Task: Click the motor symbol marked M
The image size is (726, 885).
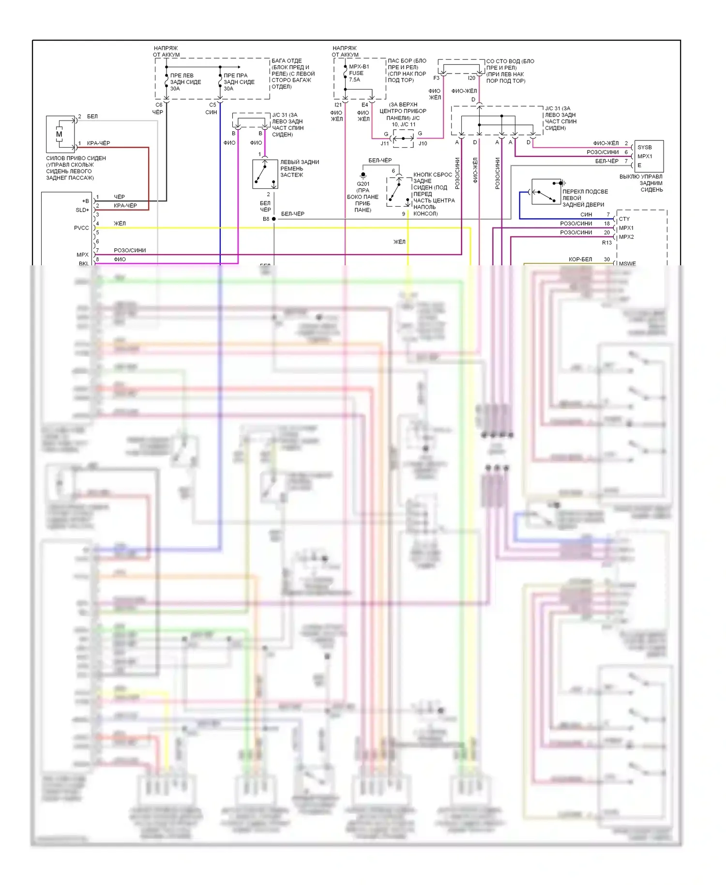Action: point(59,134)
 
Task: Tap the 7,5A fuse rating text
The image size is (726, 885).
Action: point(354,80)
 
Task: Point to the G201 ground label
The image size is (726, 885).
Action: point(363,184)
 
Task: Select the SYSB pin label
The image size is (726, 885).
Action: point(644,147)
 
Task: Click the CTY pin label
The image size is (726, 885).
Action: point(624,219)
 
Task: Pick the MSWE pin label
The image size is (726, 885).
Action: point(627,263)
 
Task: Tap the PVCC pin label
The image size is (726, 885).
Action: point(81,228)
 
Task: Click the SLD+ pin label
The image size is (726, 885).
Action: point(82,210)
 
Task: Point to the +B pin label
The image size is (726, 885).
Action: point(85,201)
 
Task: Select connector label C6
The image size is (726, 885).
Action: point(159,105)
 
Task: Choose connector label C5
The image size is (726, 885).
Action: point(212,105)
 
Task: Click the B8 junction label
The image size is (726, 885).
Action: point(266,219)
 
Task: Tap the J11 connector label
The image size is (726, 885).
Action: point(385,143)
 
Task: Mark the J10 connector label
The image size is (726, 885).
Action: point(423,143)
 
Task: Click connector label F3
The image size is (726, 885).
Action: point(436,78)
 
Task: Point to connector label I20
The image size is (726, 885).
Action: point(471,78)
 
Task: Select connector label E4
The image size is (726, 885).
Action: point(364,105)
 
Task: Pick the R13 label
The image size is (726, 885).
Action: point(606,243)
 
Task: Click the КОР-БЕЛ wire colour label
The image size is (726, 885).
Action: point(580,259)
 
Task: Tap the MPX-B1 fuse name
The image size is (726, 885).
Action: point(359,67)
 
